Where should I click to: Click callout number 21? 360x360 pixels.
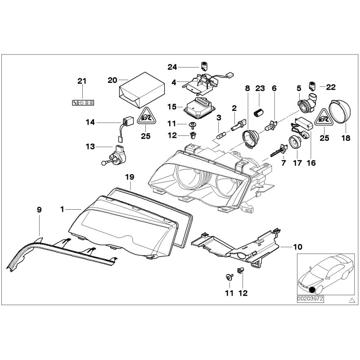81,81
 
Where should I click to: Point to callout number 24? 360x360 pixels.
172,67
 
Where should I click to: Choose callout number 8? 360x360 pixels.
247,88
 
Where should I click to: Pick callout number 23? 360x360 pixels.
260,88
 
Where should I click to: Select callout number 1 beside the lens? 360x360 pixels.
64,209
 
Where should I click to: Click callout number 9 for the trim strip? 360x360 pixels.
39,209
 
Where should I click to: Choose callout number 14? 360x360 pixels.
90,121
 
